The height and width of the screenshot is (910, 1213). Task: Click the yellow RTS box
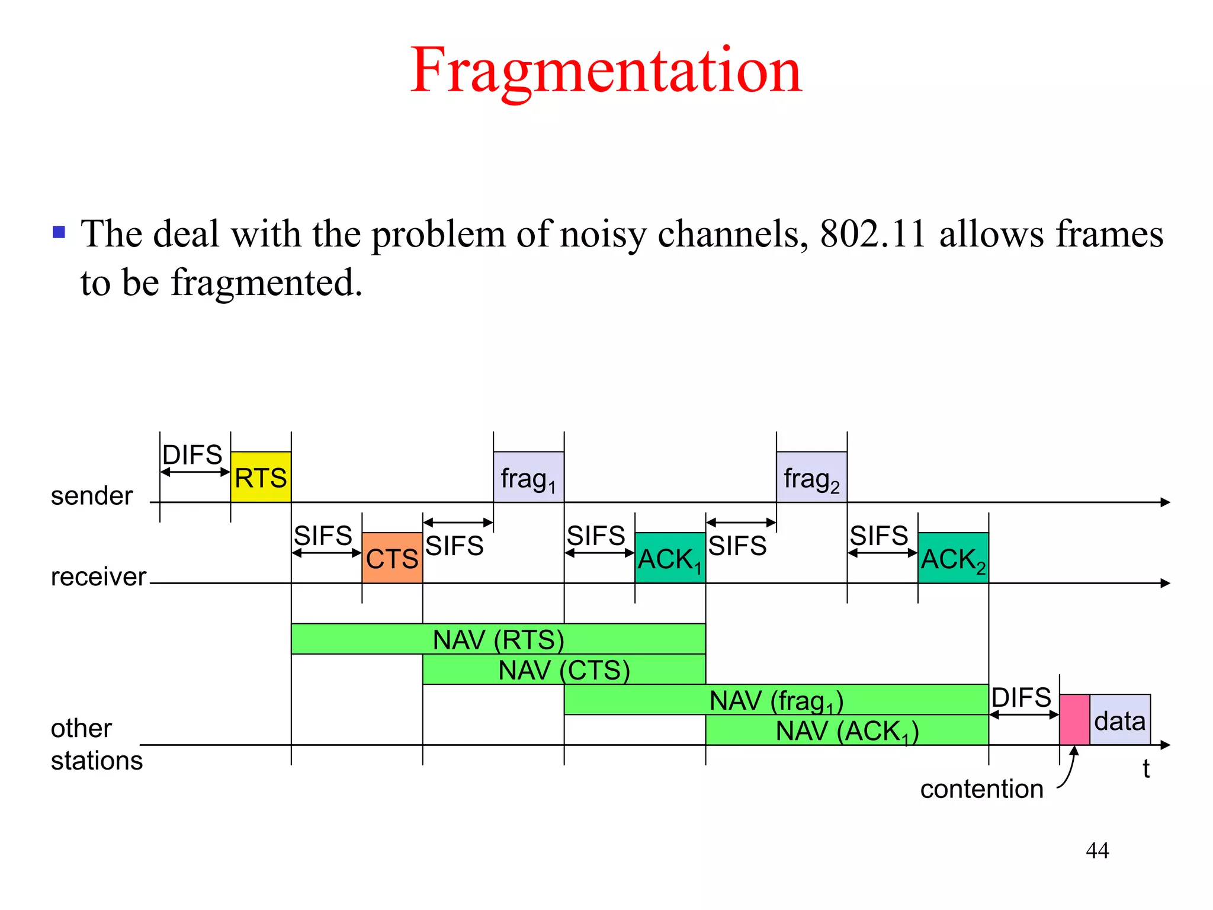261,477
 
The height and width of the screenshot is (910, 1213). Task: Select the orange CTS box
392,558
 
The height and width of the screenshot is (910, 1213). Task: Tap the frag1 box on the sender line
528,478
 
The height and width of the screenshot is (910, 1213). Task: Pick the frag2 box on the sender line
811,478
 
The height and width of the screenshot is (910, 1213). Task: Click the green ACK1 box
670,558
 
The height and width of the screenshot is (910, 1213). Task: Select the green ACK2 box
953,558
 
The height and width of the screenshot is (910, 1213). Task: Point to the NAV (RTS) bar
498,639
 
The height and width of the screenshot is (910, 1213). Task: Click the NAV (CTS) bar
564,669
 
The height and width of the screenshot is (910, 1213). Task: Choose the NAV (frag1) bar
776,700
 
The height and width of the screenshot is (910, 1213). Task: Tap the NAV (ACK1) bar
847,730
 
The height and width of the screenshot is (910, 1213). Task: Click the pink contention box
1074,719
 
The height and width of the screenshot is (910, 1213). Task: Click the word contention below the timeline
981,789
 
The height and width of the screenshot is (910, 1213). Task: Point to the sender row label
92,496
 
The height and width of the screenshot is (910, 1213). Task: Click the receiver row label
98,576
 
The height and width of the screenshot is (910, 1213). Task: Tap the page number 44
1097,850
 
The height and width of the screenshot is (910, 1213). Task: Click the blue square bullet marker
59,232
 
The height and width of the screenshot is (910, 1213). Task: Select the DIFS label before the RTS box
192,455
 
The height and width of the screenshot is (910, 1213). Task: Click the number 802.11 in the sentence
872,233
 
